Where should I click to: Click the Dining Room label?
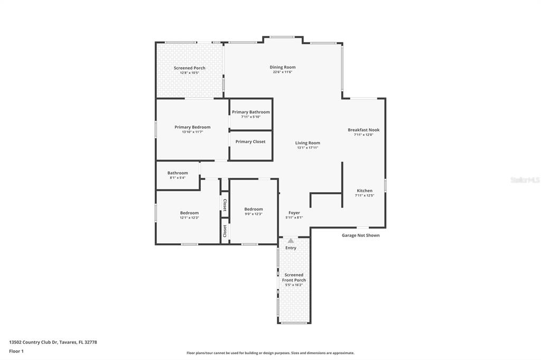[283, 67]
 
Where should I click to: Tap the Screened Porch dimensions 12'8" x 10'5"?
[190, 73]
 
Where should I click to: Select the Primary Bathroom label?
[251, 112]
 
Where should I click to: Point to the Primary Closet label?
[250, 141]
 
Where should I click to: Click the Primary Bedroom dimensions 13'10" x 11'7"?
[192, 132]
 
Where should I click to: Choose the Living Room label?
[307, 143]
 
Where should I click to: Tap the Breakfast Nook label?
[363, 130]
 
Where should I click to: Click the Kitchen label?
[365, 191]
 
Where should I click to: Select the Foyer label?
[294, 213]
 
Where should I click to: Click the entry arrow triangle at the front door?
[291, 241]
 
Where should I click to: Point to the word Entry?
[291, 248]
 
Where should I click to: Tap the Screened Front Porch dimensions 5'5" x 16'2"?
[294, 285]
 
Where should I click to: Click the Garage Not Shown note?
[360, 235]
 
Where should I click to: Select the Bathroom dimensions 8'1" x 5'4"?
[178, 177]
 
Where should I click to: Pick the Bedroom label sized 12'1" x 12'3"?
[190, 213]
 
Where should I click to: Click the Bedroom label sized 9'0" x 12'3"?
[254, 210]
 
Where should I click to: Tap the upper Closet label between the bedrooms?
[225, 205]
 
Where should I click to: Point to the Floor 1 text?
[16, 352]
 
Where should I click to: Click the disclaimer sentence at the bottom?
[270, 353]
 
